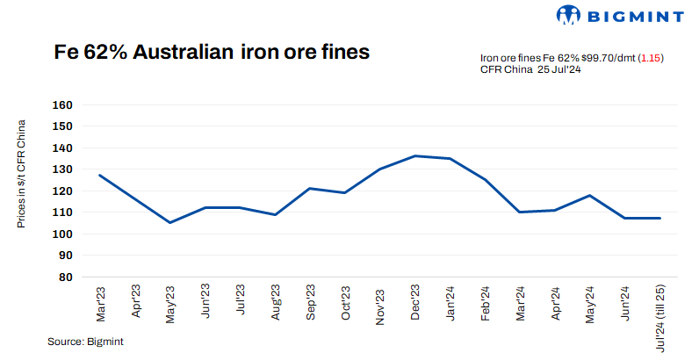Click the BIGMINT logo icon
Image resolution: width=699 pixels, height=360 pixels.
568,15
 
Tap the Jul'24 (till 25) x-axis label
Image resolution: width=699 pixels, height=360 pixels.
659,317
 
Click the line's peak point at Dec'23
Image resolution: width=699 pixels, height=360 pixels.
414,156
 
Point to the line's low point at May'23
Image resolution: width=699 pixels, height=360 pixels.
169,222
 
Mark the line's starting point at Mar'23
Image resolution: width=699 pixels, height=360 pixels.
100,175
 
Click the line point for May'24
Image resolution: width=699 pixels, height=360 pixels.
589,195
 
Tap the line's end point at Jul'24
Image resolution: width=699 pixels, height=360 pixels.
659,218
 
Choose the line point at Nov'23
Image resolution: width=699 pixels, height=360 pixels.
379,169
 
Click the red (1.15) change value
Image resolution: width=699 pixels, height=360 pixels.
650,58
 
